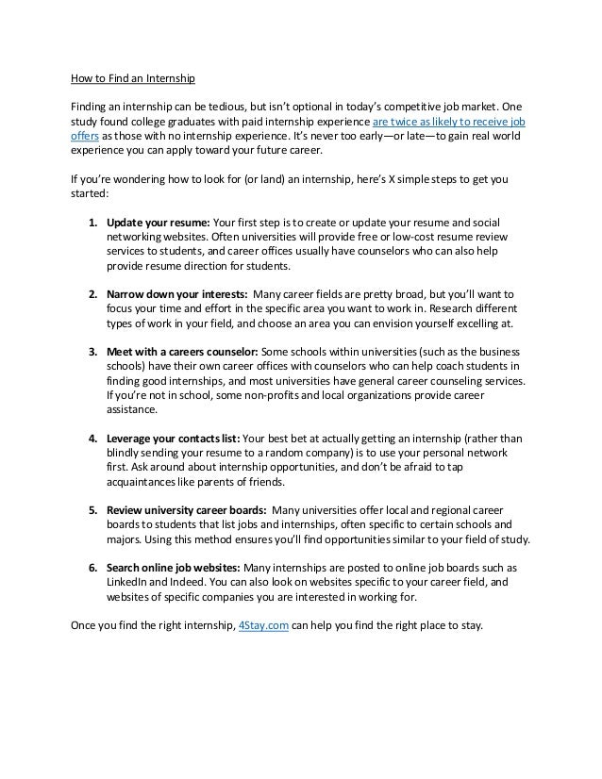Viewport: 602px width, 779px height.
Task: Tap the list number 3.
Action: pos(92,352)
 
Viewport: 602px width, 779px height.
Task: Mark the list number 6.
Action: pos(92,569)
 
